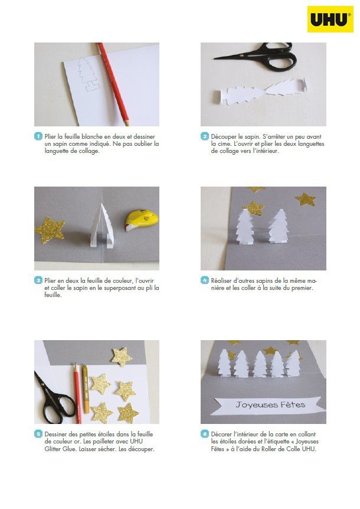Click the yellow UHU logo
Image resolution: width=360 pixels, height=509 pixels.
[x=330, y=19]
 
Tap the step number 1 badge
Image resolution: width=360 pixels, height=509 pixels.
[x=38, y=136]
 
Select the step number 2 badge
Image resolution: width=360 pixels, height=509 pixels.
[x=204, y=136]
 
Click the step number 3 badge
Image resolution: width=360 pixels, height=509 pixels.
[x=38, y=280]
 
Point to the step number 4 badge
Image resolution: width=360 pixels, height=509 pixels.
[x=204, y=280]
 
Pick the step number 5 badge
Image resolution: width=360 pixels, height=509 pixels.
[x=38, y=434]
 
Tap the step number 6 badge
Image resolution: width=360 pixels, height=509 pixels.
[x=204, y=434]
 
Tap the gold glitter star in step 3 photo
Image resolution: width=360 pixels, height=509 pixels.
[x=50, y=230]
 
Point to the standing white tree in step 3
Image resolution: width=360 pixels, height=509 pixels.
[x=102, y=226]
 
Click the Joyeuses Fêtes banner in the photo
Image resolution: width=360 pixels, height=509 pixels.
[x=269, y=405]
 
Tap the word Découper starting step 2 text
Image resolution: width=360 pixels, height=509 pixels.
[x=224, y=136]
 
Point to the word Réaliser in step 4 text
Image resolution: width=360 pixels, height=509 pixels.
[x=221, y=280]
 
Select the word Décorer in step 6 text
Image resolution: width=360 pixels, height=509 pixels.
[x=221, y=434]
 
